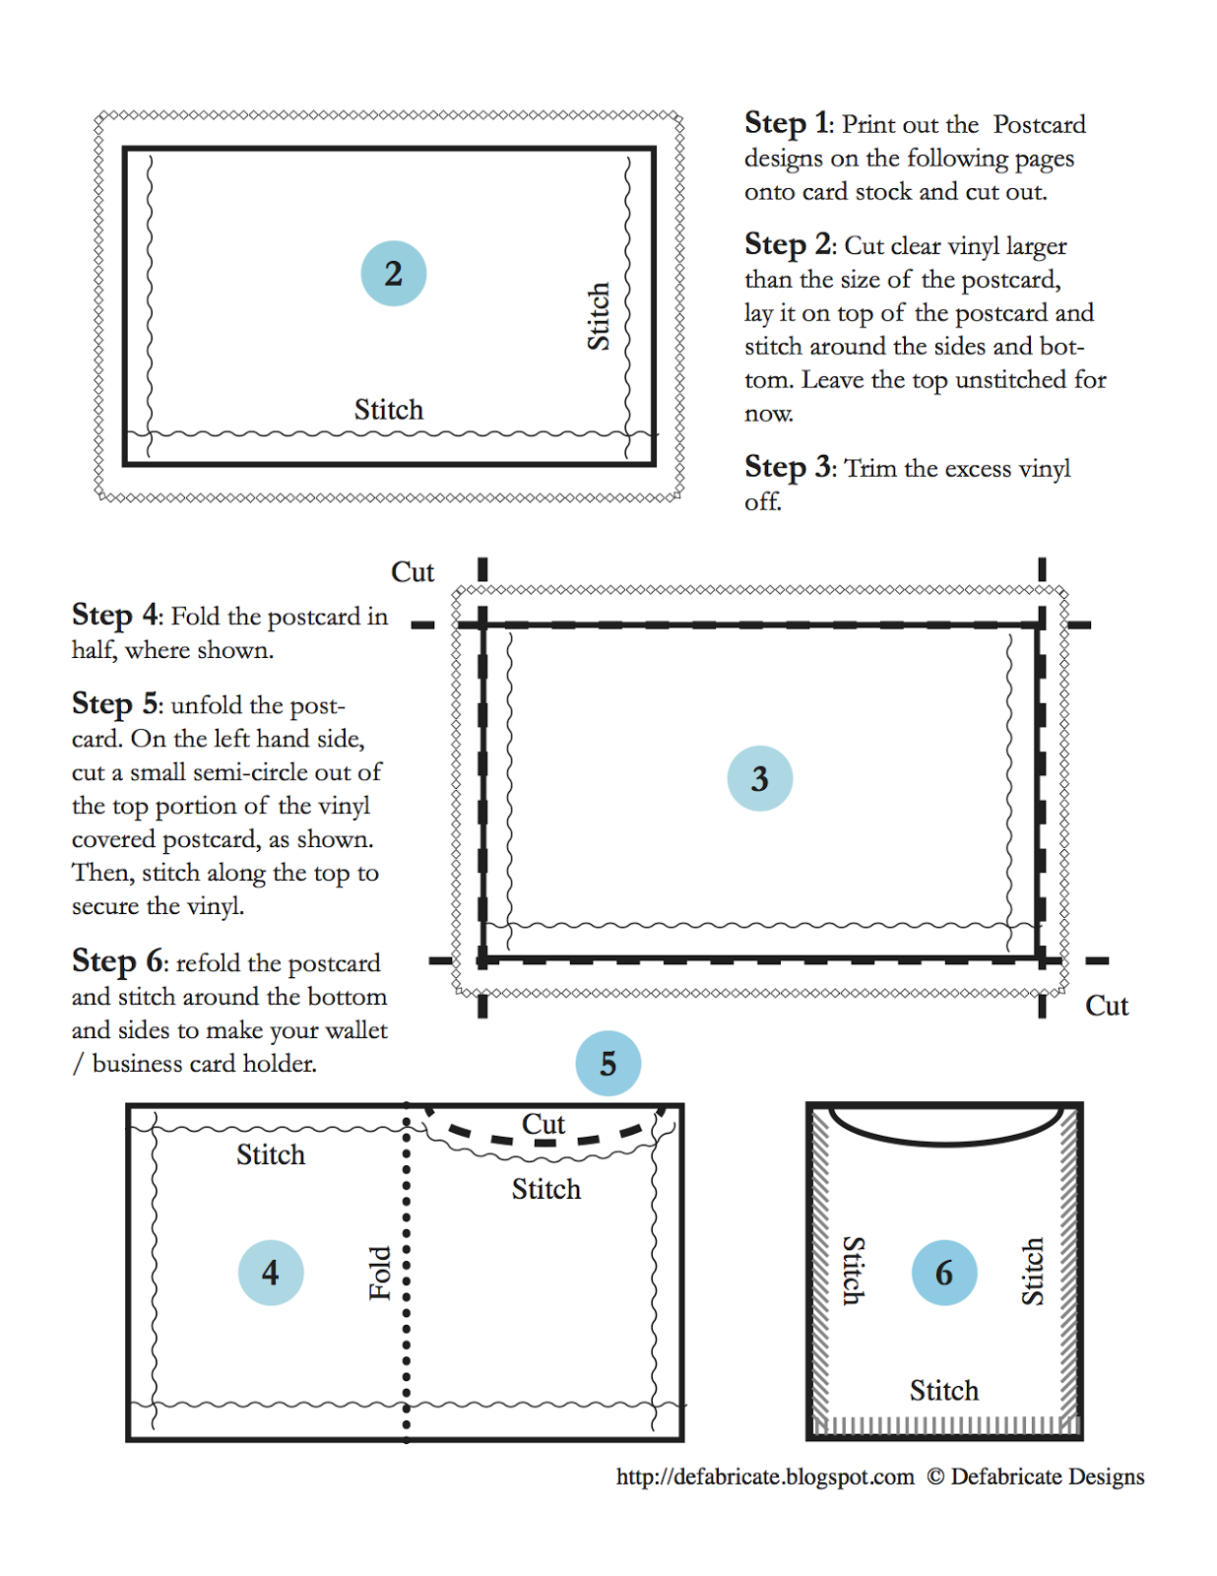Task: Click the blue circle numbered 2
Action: [x=393, y=273]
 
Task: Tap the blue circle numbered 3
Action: [x=759, y=778]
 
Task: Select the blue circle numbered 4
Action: [x=270, y=1273]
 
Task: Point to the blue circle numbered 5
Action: [x=608, y=1063]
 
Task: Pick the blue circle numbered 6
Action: [x=943, y=1273]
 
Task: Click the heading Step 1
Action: [x=789, y=123]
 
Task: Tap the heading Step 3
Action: [x=789, y=467]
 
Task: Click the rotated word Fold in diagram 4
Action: [x=381, y=1273]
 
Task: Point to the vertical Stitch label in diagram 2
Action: [x=599, y=316]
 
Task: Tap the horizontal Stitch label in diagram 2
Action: [x=388, y=410]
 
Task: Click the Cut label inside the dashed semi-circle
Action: [x=543, y=1124]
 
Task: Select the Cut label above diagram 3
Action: [x=412, y=572]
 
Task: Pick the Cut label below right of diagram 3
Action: [x=1106, y=1006]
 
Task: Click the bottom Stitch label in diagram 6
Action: [x=943, y=1391]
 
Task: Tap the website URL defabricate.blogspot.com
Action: [x=765, y=1477]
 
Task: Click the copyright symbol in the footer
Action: [x=935, y=1477]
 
